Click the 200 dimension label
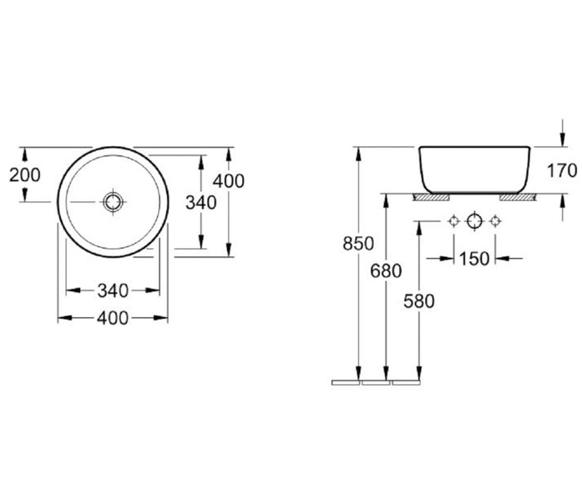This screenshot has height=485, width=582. [x=25, y=175]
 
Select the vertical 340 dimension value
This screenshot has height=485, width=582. [x=201, y=202]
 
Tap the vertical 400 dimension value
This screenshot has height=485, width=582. [x=228, y=181]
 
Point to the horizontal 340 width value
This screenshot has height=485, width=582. [x=113, y=291]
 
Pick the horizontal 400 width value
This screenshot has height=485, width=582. [x=113, y=318]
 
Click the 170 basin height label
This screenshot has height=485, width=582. [x=562, y=171]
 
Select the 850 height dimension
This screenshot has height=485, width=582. [x=358, y=243]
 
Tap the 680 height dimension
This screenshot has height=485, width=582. [x=386, y=271]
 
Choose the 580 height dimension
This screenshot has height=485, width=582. [x=419, y=301]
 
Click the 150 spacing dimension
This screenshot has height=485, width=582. [x=474, y=259]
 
